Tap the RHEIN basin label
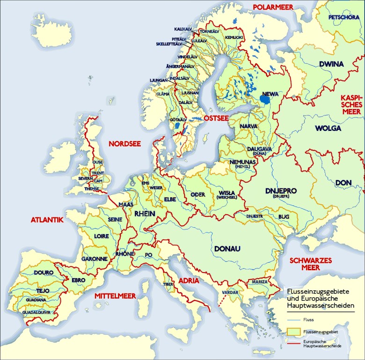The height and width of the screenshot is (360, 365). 145,214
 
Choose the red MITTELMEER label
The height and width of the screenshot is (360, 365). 115,296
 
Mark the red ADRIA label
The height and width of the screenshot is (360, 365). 189,281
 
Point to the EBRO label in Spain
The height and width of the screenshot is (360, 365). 78,280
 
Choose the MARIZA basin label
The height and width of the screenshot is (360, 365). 259,282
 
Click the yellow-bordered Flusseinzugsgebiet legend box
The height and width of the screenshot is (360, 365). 292,331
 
